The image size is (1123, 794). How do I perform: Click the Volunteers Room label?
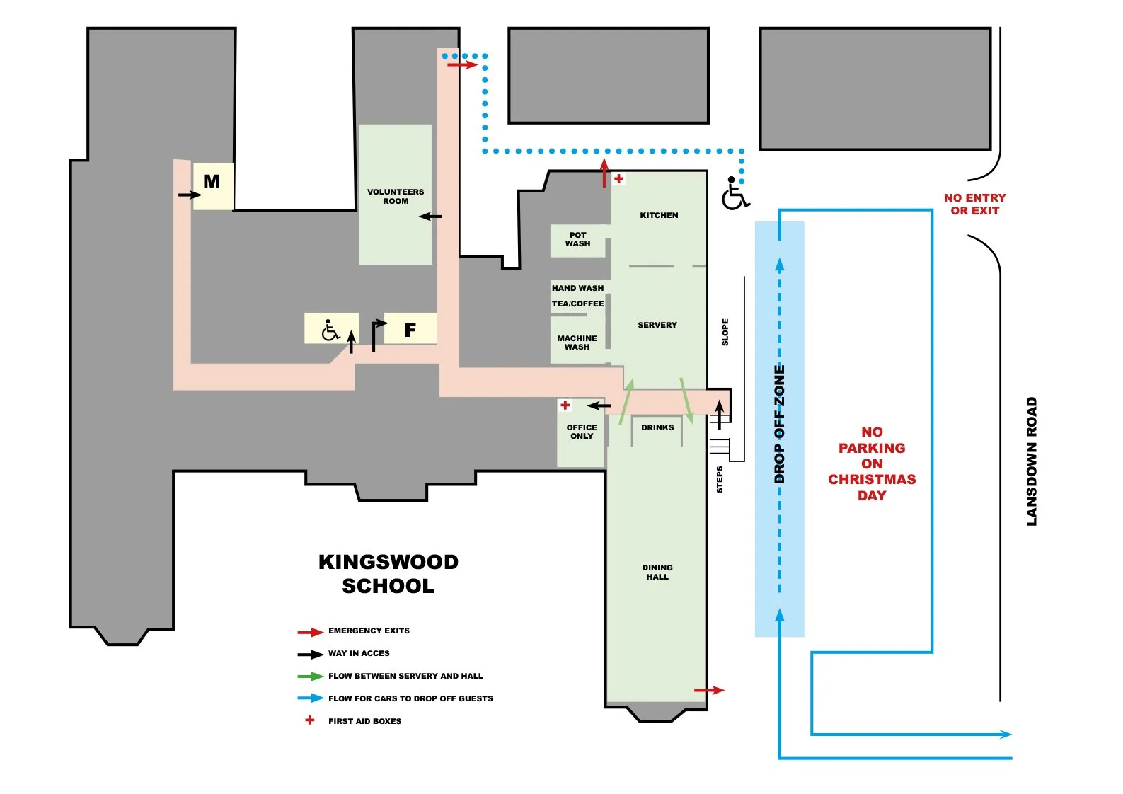(396, 197)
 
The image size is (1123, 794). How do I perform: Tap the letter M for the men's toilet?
(212, 181)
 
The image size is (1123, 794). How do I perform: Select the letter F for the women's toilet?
(410, 330)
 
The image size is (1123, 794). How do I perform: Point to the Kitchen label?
(659, 216)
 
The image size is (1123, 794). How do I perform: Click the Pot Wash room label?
(577, 240)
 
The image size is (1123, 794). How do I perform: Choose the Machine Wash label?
(577, 343)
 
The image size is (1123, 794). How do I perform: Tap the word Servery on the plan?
(657, 325)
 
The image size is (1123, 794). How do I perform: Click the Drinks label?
(657, 427)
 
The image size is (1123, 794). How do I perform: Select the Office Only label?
(582, 432)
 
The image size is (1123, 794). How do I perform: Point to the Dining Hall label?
(657, 573)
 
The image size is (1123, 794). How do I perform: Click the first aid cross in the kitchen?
(618, 178)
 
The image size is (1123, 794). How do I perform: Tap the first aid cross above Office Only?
(565, 405)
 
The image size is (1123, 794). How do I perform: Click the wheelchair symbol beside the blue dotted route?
(735, 193)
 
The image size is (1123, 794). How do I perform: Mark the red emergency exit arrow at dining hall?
(709, 690)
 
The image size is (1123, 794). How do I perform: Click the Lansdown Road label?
(1031, 461)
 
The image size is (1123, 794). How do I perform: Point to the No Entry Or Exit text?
(974, 205)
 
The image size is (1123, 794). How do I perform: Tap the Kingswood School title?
(388, 574)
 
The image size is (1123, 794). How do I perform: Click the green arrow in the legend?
(311, 677)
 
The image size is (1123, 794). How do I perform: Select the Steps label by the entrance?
(720, 480)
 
